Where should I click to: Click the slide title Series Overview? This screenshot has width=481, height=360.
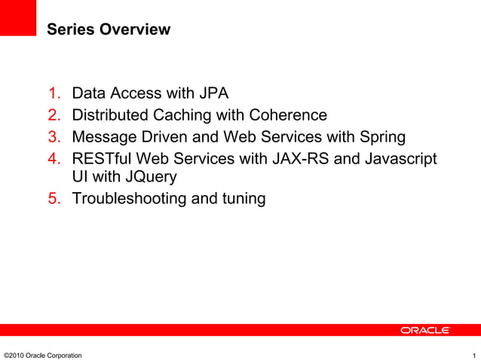coord(109,30)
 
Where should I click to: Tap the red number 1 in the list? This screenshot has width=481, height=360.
coord(54,94)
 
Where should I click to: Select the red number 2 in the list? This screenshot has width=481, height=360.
coord(54,115)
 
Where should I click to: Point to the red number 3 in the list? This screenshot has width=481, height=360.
coord(54,137)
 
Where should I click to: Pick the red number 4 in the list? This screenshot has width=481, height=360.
coord(54,159)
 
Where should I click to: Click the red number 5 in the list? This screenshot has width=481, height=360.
coord(54,199)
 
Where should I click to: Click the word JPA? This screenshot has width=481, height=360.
coord(213,94)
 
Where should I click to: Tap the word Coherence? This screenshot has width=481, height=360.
coord(290,115)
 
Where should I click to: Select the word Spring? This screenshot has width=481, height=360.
coord(382,137)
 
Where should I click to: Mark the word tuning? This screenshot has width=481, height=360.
coord(242,200)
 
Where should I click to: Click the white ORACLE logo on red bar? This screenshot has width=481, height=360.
coord(424,331)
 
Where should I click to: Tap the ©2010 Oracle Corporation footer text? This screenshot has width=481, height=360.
coord(43,355)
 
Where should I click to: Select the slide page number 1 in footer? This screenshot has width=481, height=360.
coord(473,355)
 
